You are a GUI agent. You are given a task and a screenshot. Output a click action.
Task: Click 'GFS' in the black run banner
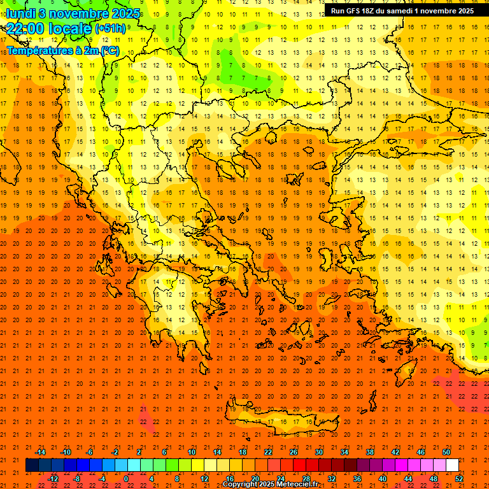[351, 11]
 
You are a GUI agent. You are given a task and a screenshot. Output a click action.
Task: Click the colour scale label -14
[40, 452]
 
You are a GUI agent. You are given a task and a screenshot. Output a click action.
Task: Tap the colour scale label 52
[459, 479]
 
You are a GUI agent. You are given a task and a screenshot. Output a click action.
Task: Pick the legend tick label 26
[294, 452]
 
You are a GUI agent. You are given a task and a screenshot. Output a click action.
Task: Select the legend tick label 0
[126, 479]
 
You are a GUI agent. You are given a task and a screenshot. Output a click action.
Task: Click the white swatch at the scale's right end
[452, 465]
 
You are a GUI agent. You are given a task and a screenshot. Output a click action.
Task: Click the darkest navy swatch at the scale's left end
[32, 465]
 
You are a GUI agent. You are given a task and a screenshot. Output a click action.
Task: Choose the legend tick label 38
[370, 452]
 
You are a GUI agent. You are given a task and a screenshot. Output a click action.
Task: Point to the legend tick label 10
[191, 452]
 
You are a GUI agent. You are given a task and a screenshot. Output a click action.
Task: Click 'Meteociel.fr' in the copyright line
[298, 485]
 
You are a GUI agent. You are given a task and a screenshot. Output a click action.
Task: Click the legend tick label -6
[90, 452]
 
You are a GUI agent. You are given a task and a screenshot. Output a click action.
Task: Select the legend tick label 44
[407, 479]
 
